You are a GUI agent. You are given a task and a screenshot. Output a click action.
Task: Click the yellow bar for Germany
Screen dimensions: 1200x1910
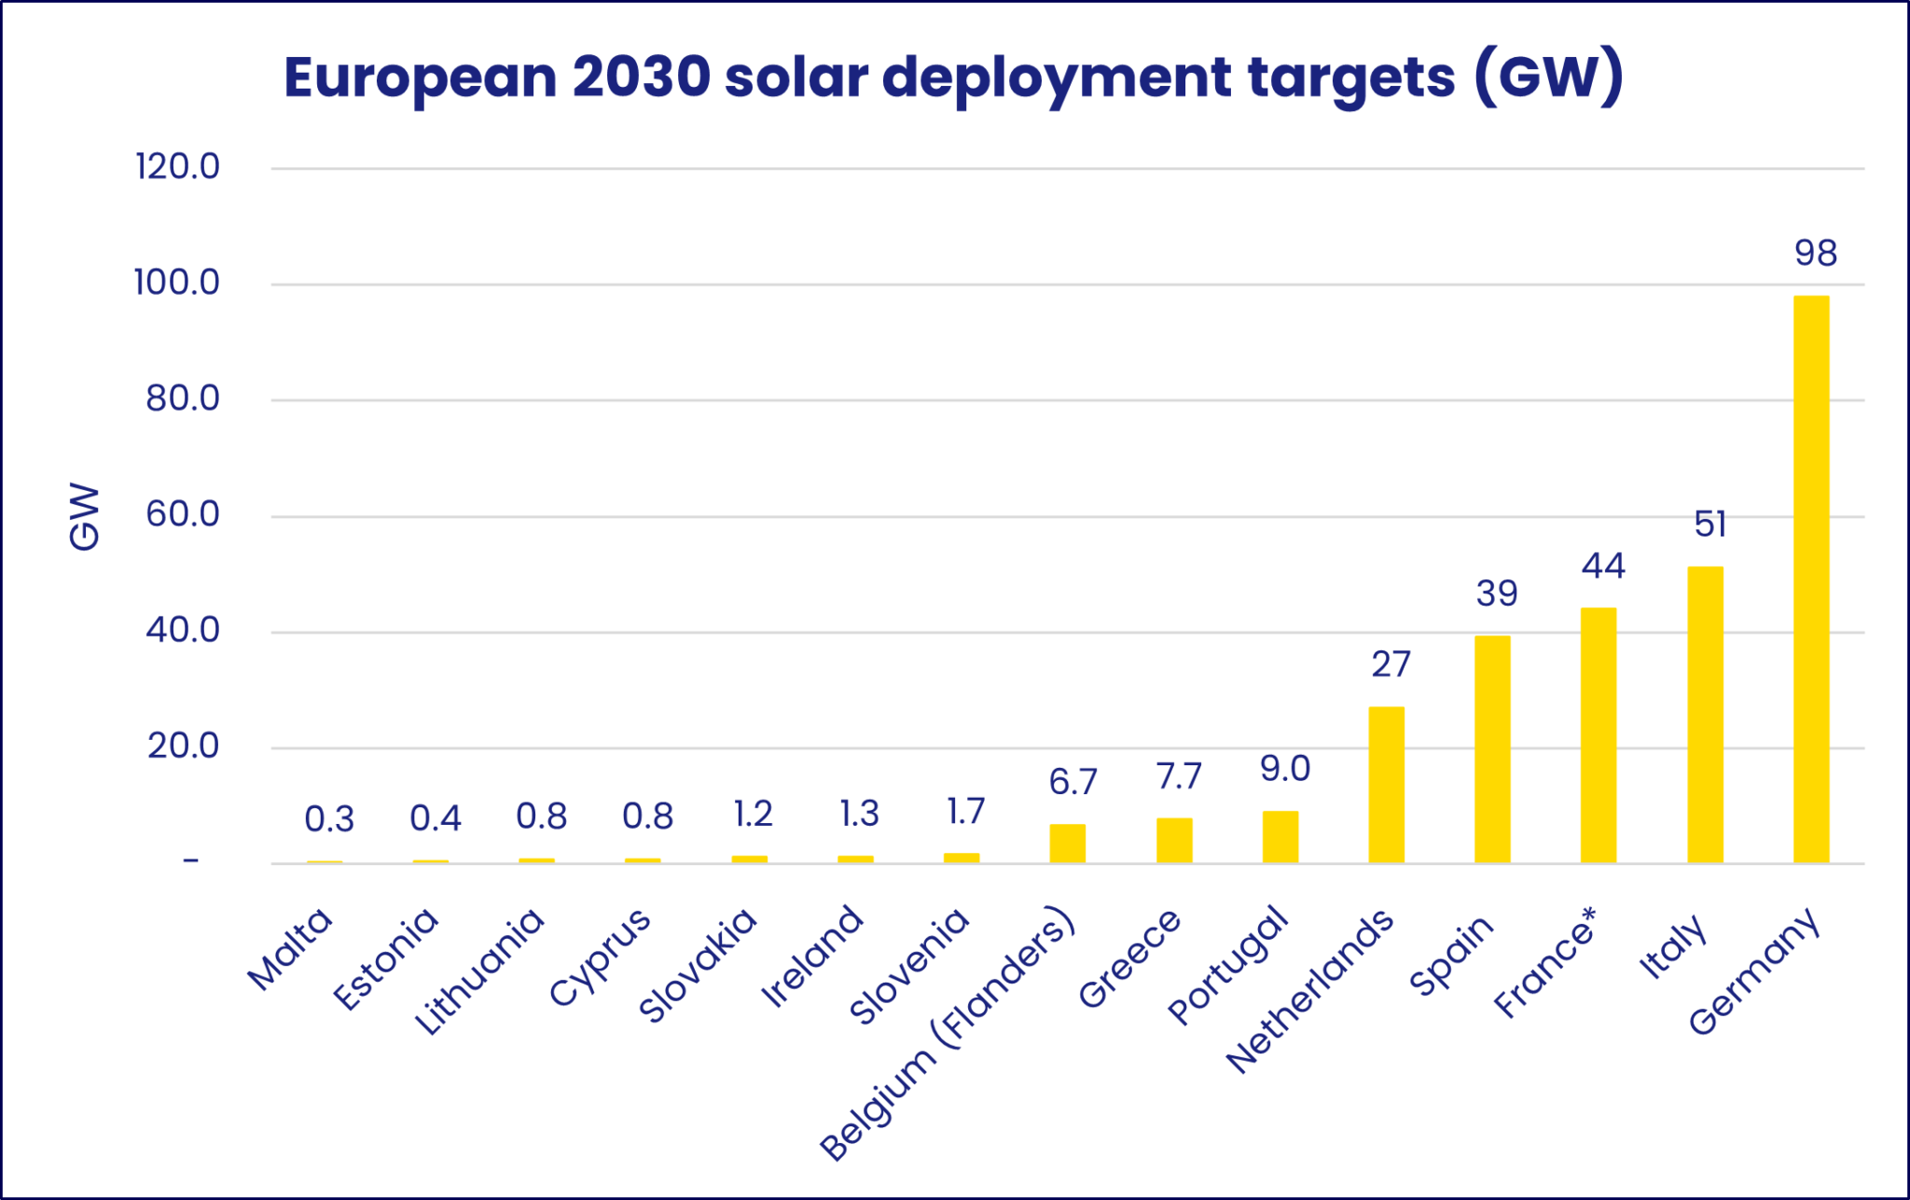tap(1810, 579)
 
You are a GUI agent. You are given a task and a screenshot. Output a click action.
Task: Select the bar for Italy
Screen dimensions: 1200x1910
tap(1705, 714)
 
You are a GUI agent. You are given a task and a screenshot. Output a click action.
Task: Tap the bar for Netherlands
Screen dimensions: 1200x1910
tap(1386, 784)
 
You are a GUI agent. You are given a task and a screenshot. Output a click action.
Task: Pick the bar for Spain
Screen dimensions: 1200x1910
tap(1492, 749)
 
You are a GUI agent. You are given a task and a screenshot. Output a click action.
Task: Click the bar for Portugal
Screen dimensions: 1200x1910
tap(1280, 836)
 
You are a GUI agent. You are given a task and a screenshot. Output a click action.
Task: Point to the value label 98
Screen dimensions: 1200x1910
tap(1815, 254)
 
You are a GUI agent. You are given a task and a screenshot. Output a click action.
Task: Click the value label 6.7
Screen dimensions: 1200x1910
tap(1073, 782)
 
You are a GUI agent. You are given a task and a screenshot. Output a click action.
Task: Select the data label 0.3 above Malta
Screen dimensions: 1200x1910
tap(329, 819)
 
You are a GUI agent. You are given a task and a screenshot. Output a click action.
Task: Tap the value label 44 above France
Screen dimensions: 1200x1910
tap(1603, 566)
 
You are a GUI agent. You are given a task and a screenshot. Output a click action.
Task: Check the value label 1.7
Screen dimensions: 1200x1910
tap(965, 812)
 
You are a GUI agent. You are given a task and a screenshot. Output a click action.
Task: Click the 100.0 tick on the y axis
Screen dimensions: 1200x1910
tap(177, 283)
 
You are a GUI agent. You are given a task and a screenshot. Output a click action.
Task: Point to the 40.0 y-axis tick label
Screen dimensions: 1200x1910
tap(183, 631)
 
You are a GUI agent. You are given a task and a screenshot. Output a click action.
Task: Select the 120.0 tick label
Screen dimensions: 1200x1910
tap(177, 167)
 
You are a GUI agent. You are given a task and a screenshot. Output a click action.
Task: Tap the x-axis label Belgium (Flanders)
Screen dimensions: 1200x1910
tap(947, 1034)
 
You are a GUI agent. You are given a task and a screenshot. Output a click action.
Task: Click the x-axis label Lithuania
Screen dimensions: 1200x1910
tap(478, 971)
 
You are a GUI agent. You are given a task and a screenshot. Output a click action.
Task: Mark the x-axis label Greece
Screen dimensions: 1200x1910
tap(1129, 958)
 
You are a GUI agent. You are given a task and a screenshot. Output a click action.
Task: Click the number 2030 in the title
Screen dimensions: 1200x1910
tap(642, 77)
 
